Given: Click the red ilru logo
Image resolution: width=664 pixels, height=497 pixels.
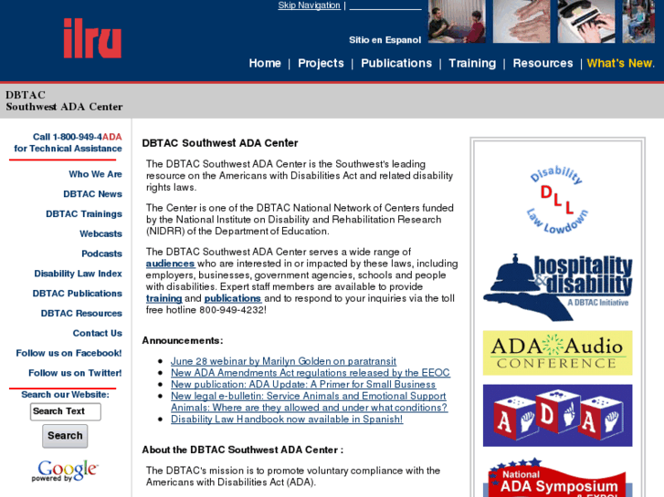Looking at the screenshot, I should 91,38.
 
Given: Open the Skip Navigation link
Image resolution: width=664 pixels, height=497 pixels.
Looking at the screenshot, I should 309,5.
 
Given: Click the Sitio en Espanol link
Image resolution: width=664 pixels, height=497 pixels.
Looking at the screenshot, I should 385,40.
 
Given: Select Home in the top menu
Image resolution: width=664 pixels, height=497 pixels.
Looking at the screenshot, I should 265,63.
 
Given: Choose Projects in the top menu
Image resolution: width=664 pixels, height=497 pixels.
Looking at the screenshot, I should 321,63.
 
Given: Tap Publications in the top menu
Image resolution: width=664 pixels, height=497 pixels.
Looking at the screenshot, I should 395,63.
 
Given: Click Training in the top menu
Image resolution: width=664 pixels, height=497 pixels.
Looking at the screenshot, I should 472,63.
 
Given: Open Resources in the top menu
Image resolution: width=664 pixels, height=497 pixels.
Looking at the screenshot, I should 543,63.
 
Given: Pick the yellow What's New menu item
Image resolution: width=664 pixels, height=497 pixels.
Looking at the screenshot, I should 620,63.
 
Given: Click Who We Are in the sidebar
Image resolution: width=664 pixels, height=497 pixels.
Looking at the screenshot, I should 95,174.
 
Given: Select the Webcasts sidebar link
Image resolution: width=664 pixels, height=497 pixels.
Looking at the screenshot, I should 100,234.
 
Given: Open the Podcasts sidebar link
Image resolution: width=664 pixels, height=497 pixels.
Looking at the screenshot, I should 101,254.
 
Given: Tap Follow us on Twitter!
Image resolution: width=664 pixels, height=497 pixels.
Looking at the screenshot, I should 75,373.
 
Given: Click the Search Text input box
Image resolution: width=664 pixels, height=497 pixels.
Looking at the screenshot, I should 65,411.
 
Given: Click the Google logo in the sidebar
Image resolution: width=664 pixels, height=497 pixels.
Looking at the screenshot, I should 65,471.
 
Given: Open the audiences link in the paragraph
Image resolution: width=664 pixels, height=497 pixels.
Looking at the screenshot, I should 170,264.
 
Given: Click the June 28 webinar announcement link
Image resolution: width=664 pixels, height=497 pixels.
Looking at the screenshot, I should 283,361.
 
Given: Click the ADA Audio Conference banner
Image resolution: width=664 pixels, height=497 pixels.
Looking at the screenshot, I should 557,353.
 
